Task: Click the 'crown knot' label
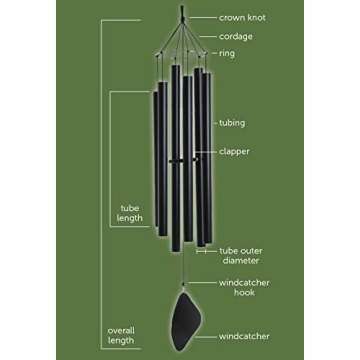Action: pyautogui.click(x=244, y=17)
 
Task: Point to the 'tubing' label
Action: pyautogui.click(x=233, y=122)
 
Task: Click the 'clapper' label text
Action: pyautogui.click(x=235, y=152)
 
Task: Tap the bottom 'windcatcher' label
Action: pyautogui.click(x=245, y=335)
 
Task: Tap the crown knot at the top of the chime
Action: pyautogui.click(x=182, y=13)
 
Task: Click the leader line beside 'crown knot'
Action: pyautogui.click(x=202, y=17)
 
